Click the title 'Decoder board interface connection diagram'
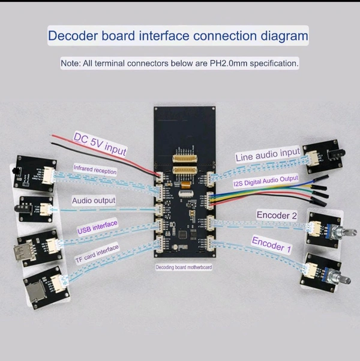[x=178, y=35]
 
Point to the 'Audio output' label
[x=94, y=200]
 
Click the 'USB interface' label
[x=97, y=226]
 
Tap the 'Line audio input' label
[x=267, y=156]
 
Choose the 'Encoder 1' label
[x=271, y=243]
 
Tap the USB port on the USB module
[x=26, y=252]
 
